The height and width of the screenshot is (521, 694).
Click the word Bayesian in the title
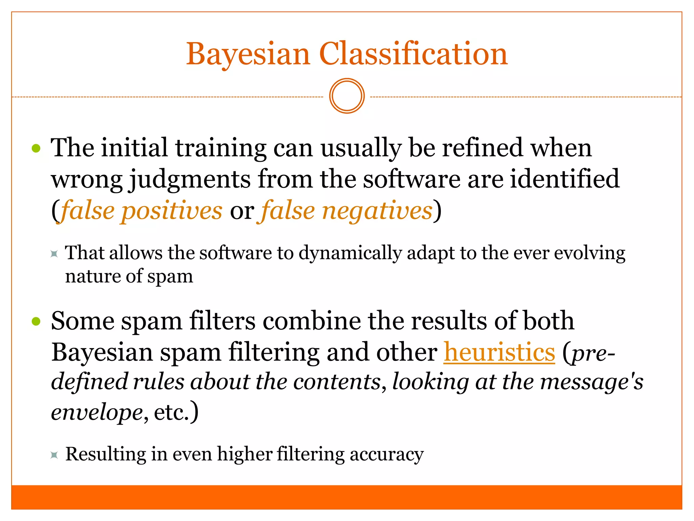point(248,54)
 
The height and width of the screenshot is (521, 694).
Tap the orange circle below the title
point(347,96)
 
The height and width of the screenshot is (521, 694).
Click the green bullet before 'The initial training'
point(36,148)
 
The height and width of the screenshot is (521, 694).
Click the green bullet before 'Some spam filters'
point(36,321)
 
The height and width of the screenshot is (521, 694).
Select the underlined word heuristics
point(499,352)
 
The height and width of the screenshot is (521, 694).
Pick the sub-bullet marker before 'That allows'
point(54,254)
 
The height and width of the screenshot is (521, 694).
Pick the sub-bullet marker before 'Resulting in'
point(54,455)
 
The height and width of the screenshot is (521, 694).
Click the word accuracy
point(387,455)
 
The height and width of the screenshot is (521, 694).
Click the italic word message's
point(591,382)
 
